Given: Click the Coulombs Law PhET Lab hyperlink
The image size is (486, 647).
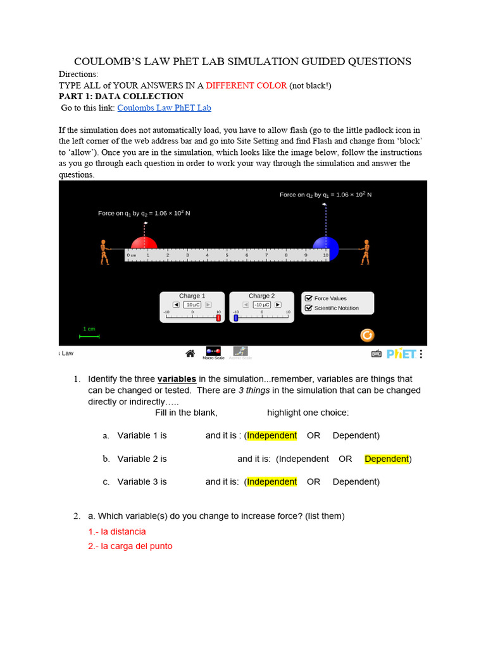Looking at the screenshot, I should click(x=164, y=108).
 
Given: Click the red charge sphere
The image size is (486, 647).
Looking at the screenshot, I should click(x=144, y=245).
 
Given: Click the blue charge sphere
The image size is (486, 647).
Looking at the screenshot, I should click(x=326, y=245).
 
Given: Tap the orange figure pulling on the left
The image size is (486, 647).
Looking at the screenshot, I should click(x=104, y=251).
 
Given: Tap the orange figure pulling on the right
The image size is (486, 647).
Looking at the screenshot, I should click(x=364, y=251).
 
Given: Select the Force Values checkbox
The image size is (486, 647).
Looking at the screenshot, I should click(x=309, y=298).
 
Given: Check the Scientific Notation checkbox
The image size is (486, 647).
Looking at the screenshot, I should click(x=309, y=308).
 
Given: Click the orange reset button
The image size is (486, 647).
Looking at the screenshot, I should click(x=367, y=335).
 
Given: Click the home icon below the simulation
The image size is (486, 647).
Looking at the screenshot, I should click(x=190, y=353).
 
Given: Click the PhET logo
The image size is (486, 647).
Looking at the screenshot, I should click(x=401, y=354).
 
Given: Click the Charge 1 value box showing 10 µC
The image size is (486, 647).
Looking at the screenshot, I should click(x=192, y=305).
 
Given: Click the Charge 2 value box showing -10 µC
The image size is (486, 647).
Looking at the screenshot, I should click(x=261, y=305).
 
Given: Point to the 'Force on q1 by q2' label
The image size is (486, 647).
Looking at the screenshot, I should click(x=144, y=214).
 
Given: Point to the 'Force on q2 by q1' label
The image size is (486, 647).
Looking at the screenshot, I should click(x=325, y=195).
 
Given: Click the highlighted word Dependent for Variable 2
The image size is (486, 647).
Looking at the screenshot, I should click(x=386, y=459).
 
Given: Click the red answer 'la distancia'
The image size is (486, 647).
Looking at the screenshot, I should click(x=117, y=531).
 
